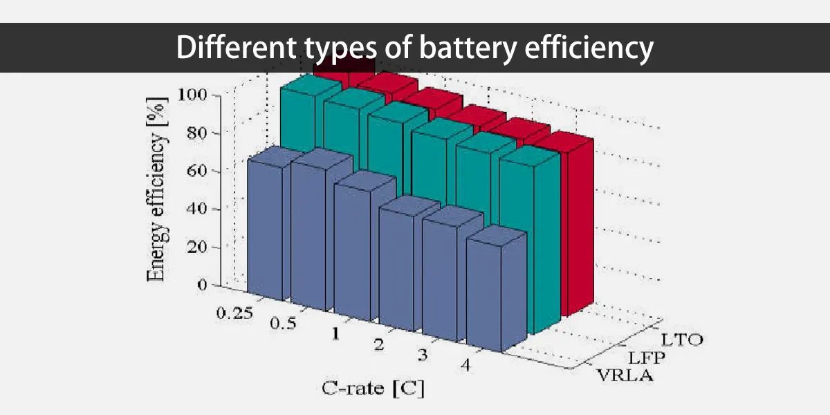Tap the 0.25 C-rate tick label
235,313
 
